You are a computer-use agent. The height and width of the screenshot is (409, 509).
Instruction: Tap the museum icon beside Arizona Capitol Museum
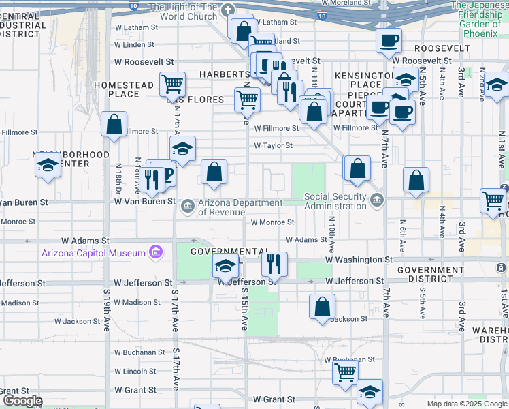(x=156, y=253)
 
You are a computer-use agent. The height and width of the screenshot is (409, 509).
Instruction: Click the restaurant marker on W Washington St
(x=274, y=262)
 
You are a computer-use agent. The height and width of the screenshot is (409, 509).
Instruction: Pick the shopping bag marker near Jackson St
(x=322, y=305)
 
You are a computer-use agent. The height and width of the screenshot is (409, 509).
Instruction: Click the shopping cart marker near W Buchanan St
(x=345, y=372)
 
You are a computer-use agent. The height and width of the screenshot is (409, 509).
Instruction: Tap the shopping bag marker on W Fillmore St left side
(x=114, y=123)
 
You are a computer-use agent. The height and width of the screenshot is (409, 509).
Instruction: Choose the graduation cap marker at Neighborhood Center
(x=48, y=165)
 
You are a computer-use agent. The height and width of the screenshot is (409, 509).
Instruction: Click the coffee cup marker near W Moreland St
(x=389, y=40)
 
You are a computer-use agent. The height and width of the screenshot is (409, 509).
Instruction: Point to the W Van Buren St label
(x=144, y=202)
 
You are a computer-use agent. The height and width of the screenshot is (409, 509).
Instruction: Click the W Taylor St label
(x=273, y=145)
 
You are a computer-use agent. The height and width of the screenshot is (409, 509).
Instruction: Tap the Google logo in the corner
(x=22, y=401)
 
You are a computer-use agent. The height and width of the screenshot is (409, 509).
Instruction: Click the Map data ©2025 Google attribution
(x=466, y=404)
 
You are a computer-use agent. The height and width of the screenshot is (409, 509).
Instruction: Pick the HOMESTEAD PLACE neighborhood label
(x=124, y=89)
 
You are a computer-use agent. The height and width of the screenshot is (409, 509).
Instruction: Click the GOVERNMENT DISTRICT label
(x=430, y=274)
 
